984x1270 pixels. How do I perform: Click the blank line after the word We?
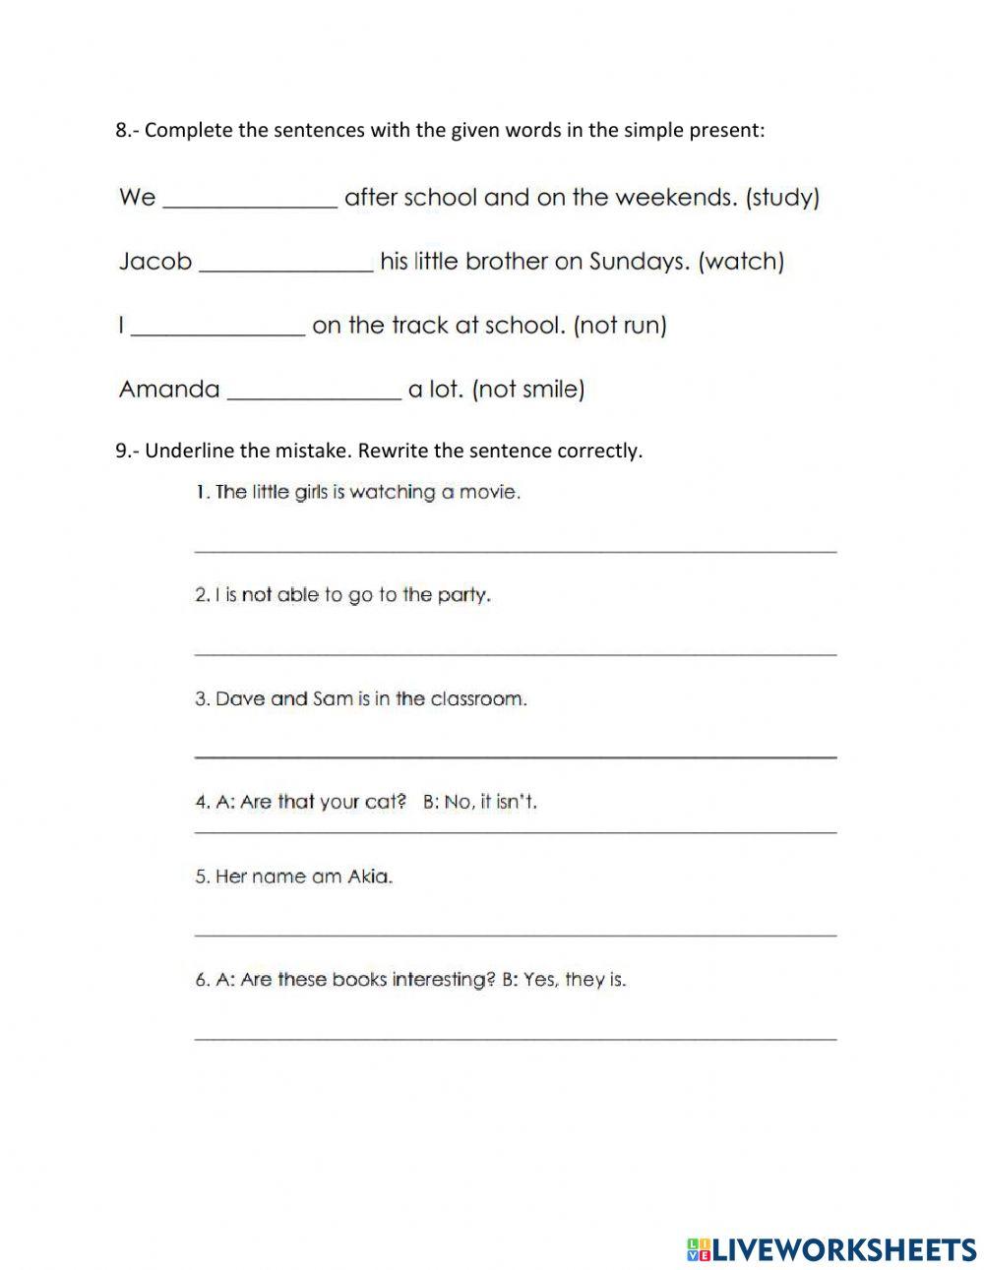(250, 201)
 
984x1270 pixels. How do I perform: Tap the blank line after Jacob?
(286, 265)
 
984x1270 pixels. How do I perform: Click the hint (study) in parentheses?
(782, 198)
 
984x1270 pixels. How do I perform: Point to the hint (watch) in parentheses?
(741, 263)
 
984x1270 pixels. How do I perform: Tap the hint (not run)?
(620, 326)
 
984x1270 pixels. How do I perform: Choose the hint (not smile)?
(528, 390)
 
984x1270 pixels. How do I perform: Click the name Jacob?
(154, 262)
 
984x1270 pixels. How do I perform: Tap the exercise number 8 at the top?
(122, 131)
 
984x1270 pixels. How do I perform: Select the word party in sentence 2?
(461, 596)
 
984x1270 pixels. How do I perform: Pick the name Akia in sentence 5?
(369, 877)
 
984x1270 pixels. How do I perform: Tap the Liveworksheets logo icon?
(698, 1249)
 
